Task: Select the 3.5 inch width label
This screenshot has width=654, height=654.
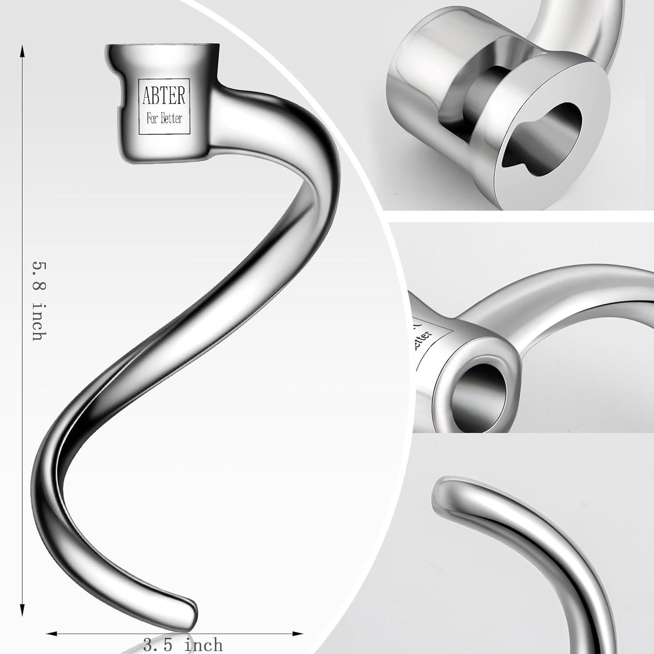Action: tap(183, 645)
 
